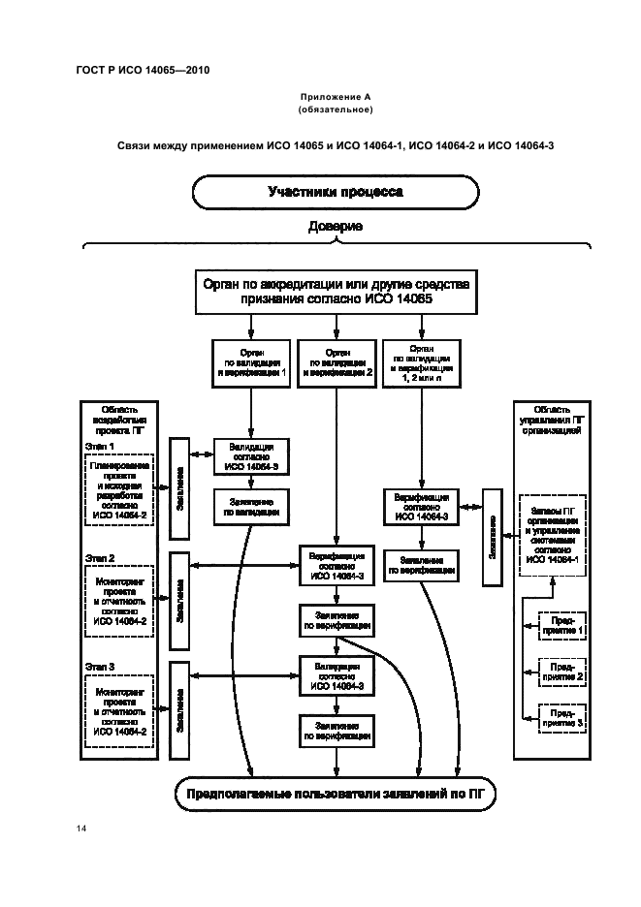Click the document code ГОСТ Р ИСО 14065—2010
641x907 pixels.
tap(142, 70)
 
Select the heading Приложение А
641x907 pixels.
tap(336, 96)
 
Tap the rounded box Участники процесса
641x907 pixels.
tap(336, 192)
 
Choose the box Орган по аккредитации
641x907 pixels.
tap(336, 293)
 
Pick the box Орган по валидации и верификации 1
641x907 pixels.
tap(251, 360)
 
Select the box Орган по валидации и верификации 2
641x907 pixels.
tap(337, 360)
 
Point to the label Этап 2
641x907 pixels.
tap(100, 558)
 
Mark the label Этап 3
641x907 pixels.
tap(100, 668)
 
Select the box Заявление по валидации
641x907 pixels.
tap(251, 508)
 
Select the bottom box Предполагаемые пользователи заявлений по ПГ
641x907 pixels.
tap(329, 796)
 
